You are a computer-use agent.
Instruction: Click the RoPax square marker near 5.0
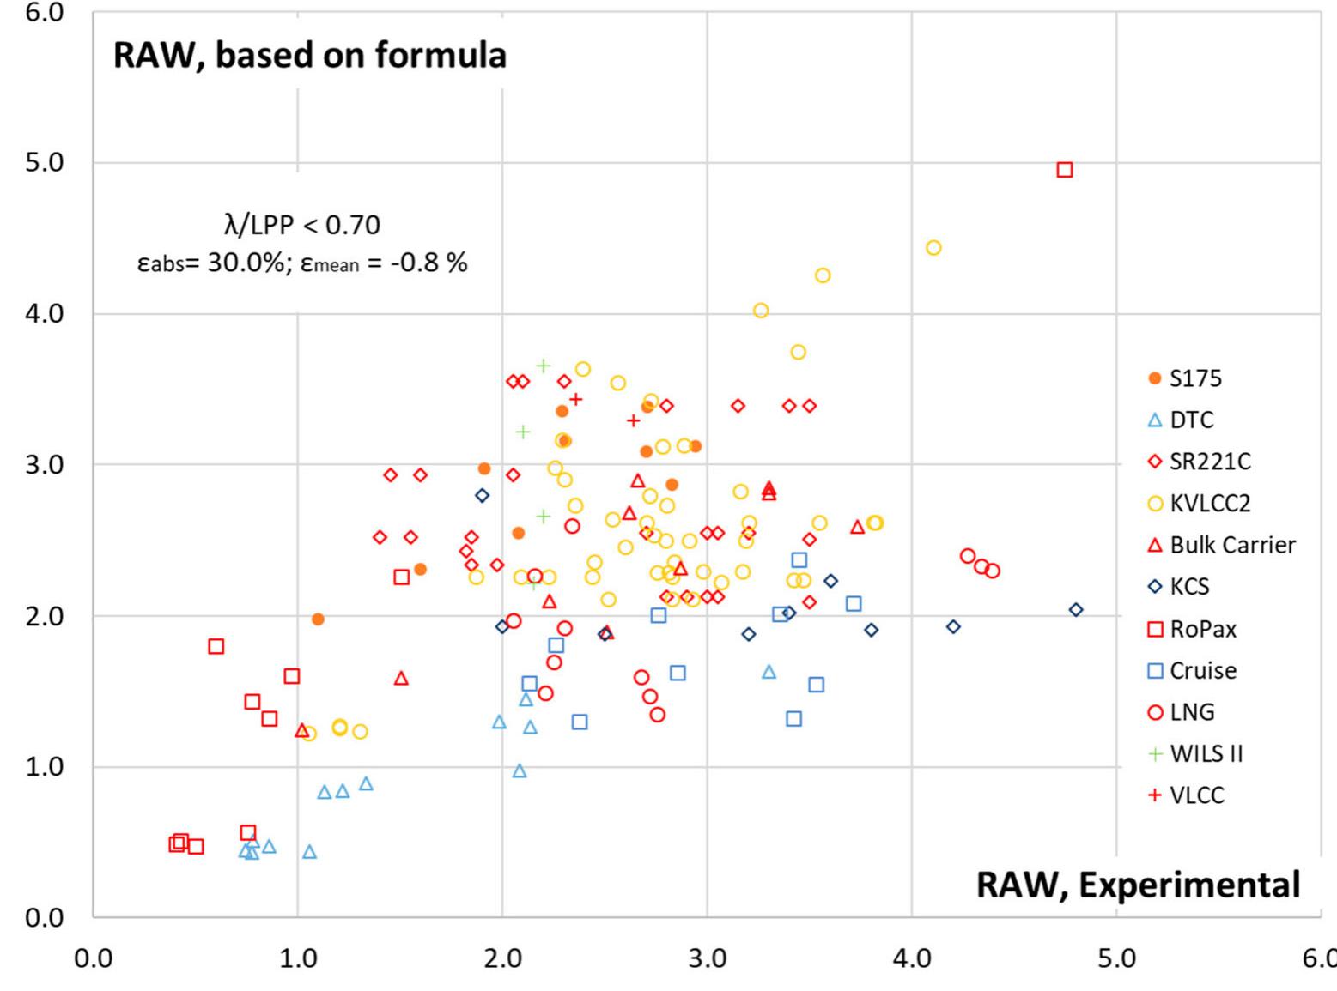coord(1065,170)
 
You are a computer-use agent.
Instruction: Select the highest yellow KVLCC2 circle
coord(933,248)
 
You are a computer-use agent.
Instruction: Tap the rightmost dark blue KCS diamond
coord(1076,610)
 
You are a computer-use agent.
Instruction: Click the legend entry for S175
coord(1194,378)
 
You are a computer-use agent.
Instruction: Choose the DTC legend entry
coord(1191,420)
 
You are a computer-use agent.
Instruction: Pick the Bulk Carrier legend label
coord(1232,545)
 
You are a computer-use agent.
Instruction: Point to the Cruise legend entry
coord(1202,670)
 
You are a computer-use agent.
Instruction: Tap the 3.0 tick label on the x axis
coord(707,958)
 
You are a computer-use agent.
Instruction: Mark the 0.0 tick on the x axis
coord(93,958)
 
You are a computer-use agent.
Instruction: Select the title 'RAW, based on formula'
coord(310,55)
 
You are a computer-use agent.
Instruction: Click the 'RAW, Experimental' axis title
coord(1138,885)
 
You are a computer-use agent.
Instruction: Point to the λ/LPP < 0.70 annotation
coord(301,225)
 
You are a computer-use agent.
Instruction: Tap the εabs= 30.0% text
coord(210,263)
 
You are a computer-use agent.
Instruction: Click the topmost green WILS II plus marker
coord(543,366)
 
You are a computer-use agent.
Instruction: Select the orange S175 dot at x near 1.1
coord(318,619)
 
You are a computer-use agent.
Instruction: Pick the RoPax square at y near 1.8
coord(216,646)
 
